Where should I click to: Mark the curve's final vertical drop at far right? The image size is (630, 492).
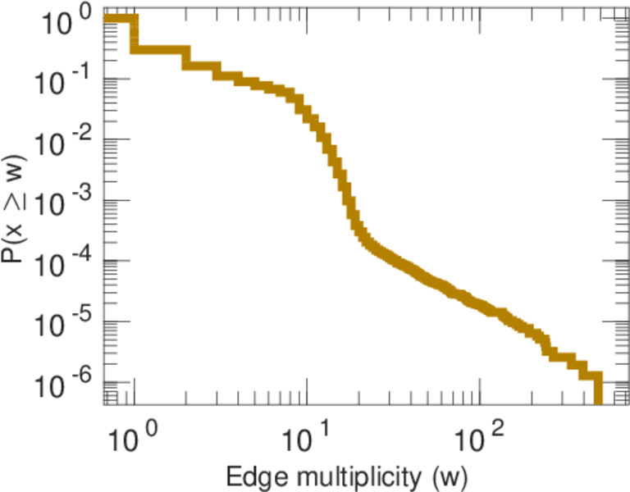(597, 389)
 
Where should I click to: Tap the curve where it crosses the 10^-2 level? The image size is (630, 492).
(326, 140)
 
